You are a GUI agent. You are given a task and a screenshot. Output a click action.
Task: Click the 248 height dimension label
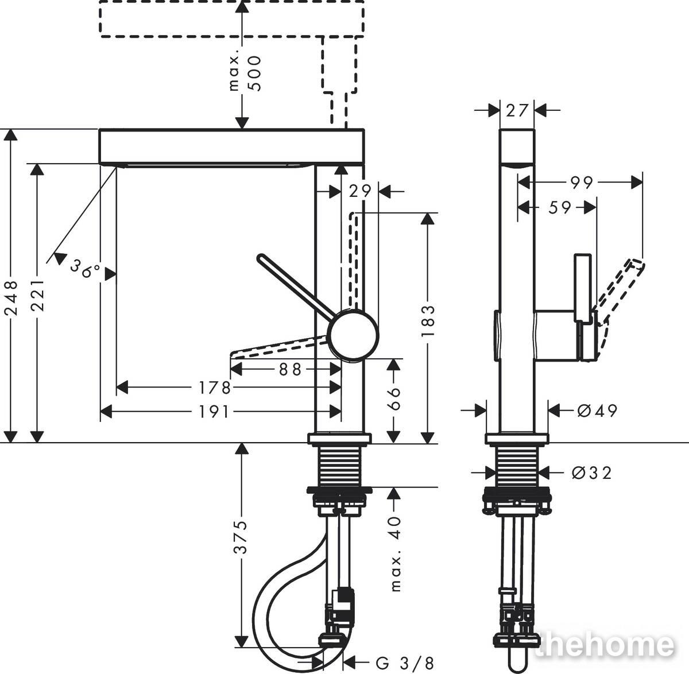(12, 298)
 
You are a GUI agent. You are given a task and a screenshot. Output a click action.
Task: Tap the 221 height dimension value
(37, 295)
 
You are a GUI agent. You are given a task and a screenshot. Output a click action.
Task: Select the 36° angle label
(86, 268)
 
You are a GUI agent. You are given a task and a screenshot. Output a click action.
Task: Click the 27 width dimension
(517, 110)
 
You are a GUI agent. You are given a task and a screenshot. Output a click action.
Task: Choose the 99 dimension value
(582, 183)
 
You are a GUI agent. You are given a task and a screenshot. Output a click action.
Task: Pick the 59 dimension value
(560, 208)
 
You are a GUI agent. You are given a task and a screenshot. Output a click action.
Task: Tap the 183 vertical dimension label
(428, 321)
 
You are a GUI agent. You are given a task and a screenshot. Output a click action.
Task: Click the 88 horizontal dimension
(291, 370)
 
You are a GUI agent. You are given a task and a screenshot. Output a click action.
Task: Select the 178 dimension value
(214, 388)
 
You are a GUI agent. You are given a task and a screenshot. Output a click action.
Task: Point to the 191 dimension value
(214, 412)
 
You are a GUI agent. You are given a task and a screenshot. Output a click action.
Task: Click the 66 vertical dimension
(393, 398)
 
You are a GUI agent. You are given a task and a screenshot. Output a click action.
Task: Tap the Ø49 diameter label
(597, 410)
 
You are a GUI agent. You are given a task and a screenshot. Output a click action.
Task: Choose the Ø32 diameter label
(591, 472)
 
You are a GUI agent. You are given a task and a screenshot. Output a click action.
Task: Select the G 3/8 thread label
(405, 663)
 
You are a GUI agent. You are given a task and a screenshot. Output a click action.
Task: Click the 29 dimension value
(360, 192)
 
